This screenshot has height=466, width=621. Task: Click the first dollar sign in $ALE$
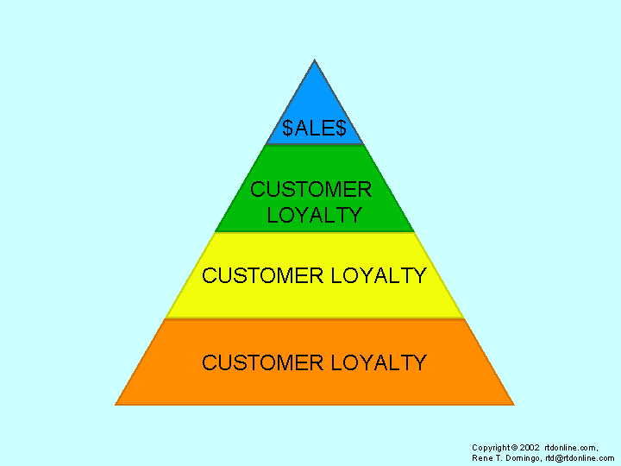pos(287,129)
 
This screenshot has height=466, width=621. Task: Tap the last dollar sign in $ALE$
pos(341,129)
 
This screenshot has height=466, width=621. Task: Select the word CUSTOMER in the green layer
pos(311,190)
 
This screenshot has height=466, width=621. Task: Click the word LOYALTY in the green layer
pos(314,216)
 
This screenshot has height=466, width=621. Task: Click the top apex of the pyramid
pos(314,60)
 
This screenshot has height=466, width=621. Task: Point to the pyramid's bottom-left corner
pos(116,404)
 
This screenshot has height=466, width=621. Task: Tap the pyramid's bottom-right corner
pos(513,404)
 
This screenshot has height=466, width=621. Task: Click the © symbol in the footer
pos(514,448)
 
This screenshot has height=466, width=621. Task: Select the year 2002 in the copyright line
pos(530,448)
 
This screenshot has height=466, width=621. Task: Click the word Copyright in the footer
pos(491,448)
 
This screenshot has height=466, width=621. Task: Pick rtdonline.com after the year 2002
pos(572,448)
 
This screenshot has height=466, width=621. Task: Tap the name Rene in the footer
pos(480,458)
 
